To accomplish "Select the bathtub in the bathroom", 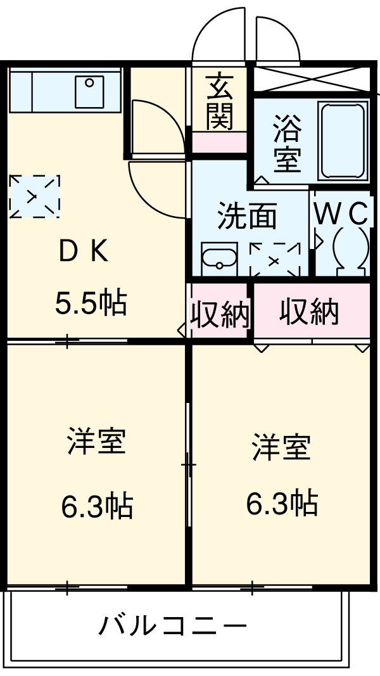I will coord(343,141).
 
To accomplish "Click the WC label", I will coord(341,214).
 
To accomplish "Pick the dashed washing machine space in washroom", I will coord(274,259).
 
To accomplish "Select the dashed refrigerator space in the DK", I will coord(35,196).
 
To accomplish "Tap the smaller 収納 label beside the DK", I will coord(220,313).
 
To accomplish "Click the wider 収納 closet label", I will coord(310,312).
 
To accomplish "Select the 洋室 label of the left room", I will coord(96,441).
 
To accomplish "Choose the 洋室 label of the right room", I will coord(281,447).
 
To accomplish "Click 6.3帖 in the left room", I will coord(96,505).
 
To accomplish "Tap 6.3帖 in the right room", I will coord(281,503).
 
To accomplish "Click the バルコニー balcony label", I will coord(172,627).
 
